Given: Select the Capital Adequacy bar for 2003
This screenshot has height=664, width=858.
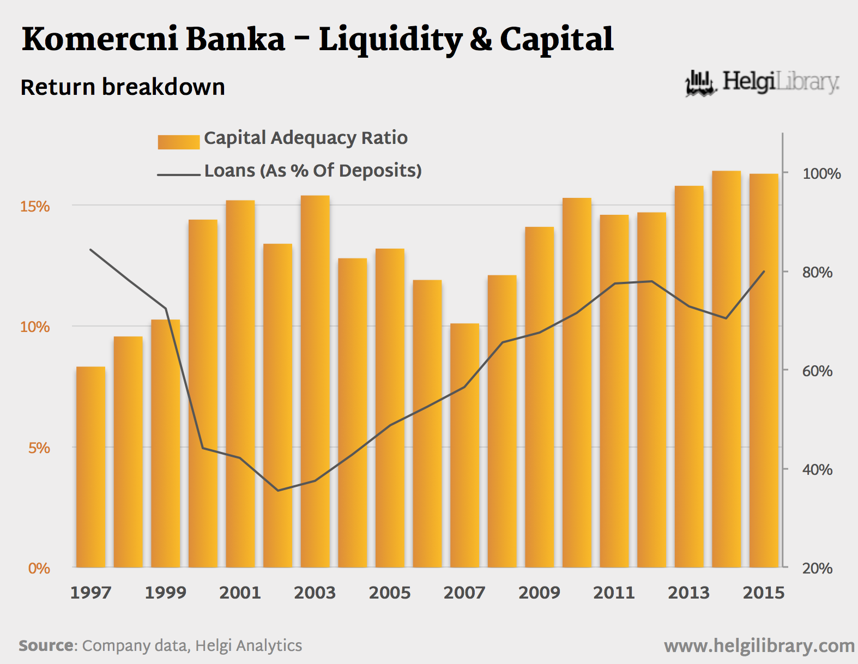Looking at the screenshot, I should [x=315, y=381].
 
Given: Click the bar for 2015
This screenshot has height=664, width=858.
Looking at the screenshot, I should [x=764, y=371].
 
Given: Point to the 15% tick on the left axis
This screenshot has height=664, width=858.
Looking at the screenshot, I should [x=35, y=207].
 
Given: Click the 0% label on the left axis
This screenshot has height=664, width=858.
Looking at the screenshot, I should [x=39, y=568].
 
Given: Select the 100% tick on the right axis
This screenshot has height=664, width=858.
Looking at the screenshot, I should [x=821, y=174].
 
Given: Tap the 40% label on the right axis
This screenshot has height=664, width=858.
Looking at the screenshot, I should [x=817, y=469].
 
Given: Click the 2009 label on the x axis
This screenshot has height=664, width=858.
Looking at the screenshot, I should [x=539, y=593].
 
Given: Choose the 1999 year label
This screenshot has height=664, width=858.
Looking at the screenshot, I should [x=165, y=593].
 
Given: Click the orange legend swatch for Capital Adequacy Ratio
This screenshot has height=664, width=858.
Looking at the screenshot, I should [x=179, y=142].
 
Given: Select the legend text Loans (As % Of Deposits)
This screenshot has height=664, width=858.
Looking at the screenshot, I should [x=313, y=171].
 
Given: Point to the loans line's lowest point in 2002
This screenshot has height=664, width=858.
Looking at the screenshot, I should [x=278, y=490].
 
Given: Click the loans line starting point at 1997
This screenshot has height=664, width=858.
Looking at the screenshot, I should [x=90, y=250].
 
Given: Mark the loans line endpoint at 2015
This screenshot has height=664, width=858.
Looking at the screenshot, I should [x=764, y=271].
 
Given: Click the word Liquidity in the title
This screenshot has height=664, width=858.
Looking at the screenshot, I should [x=390, y=40].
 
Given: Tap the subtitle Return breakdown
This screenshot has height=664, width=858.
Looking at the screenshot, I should [x=123, y=87].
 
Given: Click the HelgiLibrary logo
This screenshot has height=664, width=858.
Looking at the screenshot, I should [x=762, y=83].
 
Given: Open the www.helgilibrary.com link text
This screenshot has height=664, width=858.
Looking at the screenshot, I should [x=759, y=646].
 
